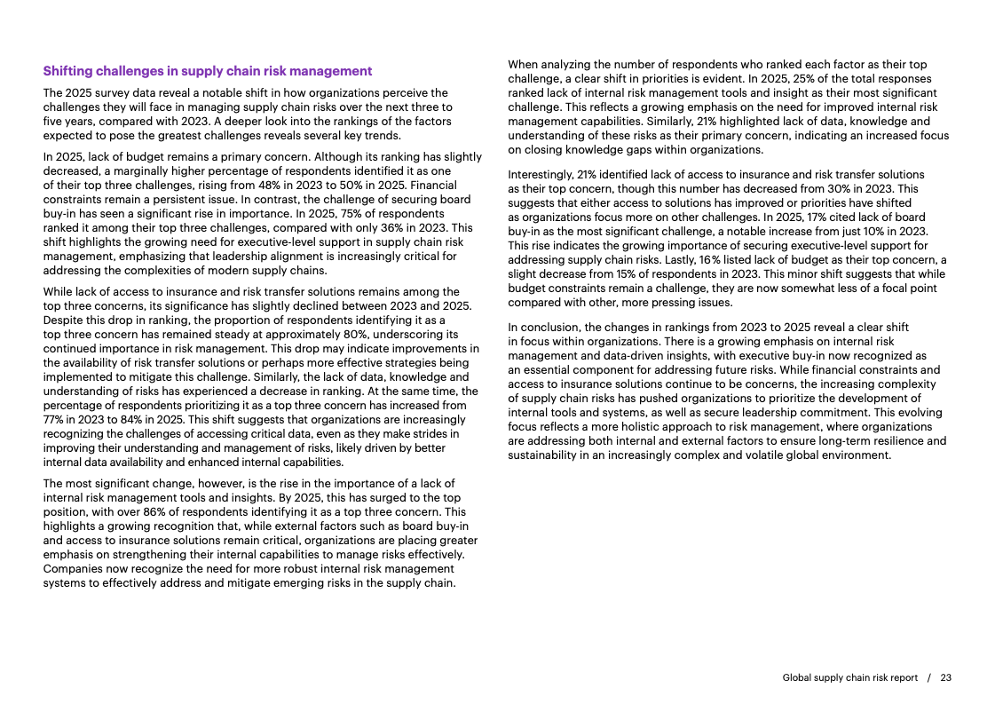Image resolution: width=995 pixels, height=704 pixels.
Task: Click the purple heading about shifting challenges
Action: (208, 71)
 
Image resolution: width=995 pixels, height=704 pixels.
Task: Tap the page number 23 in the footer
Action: (945, 677)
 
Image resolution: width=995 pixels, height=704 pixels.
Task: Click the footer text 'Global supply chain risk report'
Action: (849, 677)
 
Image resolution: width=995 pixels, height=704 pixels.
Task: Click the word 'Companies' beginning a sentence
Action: (71, 568)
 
